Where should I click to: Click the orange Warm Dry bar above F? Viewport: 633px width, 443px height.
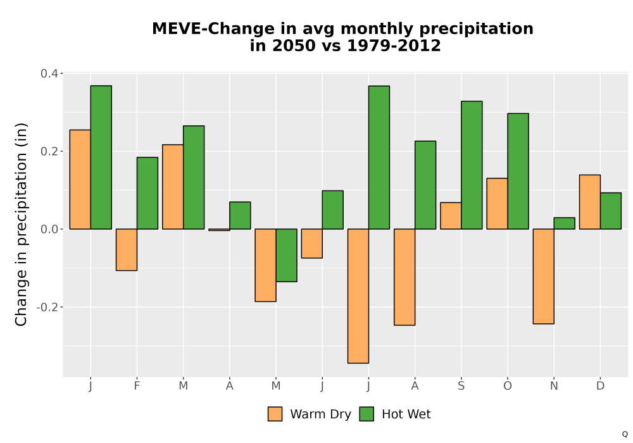click(127, 250)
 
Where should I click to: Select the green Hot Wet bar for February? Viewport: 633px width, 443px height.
click(147, 193)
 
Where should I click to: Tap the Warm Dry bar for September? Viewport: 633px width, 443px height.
click(451, 216)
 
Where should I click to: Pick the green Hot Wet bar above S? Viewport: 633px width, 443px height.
click(472, 165)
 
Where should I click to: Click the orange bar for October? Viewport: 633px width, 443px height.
click(498, 204)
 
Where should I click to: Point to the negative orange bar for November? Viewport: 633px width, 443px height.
click(543, 277)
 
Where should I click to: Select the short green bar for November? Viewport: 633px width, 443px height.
click(565, 223)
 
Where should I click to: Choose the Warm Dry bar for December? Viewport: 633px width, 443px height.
click(590, 202)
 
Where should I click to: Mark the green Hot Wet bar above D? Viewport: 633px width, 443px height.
click(611, 211)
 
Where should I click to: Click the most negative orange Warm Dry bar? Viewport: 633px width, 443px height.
click(358, 296)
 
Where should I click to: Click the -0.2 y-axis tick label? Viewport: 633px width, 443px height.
click(47, 308)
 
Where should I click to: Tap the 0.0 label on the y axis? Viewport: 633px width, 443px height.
click(49, 229)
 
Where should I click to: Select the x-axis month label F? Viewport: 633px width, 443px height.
click(137, 386)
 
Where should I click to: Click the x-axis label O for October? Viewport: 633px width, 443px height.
click(508, 386)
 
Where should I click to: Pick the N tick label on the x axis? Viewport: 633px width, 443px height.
click(554, 386)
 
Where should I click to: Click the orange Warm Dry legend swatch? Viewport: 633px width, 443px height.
click(275, 415)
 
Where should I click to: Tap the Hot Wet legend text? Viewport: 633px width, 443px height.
click(406, 415)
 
